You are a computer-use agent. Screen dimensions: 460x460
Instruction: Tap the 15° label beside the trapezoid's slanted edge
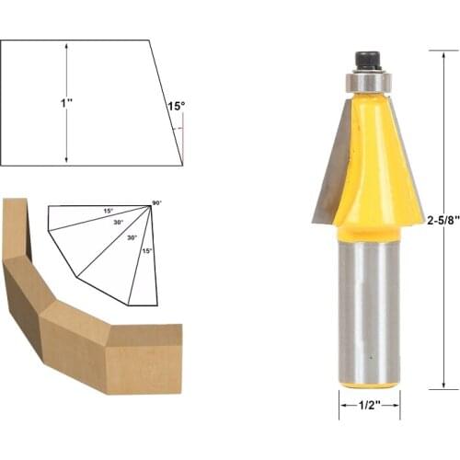175,107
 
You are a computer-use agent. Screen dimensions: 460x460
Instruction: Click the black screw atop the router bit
366,61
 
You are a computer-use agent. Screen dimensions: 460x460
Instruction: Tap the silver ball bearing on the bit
366,81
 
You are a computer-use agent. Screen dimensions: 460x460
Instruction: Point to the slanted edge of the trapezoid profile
167,103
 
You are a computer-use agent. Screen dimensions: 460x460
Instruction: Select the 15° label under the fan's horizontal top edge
108,212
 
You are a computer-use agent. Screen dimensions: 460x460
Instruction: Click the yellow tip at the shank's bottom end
367,385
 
